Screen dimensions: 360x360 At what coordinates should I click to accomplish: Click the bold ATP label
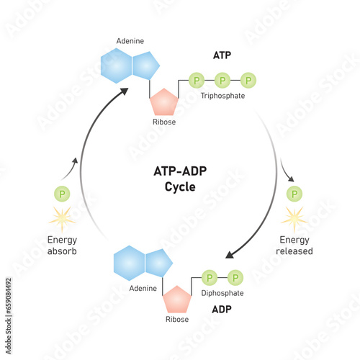tap(222, 55)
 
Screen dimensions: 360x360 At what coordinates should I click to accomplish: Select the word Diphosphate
tap(222, 293)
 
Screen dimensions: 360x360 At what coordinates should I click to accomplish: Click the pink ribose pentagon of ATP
tap(163, 104)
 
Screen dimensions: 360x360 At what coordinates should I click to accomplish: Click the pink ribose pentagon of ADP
tap(176, 300)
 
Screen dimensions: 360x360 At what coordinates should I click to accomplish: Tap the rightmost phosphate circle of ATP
tap(248, 79)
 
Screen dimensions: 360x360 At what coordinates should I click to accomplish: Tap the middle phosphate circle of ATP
tap(222, 79)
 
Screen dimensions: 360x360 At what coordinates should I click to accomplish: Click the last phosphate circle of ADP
tap(235, 277)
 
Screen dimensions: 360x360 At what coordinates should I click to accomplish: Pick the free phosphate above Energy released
tap(294, 194)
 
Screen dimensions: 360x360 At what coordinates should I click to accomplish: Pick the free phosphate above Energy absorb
tap(63, 194)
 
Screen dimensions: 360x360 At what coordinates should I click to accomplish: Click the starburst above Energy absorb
tap(63, 217)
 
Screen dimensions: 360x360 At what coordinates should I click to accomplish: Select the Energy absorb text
tap(63, 246)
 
